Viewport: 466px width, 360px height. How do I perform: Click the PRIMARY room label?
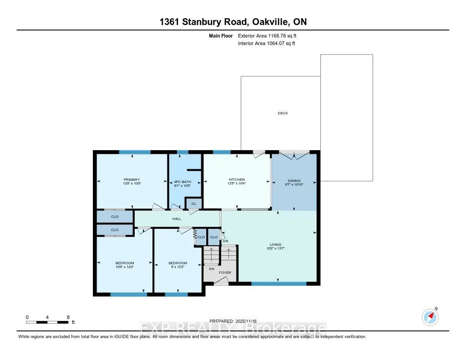coord(132,180)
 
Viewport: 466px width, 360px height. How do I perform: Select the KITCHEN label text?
coord(237,180)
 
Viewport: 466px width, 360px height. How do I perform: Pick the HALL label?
coord(177,219)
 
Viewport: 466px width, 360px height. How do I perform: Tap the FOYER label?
coord(225,273)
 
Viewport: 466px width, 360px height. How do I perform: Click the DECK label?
coord(283,113)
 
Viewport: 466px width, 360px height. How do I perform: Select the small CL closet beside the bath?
coord(193,203)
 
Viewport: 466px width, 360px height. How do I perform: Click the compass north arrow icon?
coord(430,316)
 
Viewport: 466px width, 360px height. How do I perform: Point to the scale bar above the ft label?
coord(48,322)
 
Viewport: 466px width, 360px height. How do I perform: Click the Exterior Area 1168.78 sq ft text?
coord(269,35)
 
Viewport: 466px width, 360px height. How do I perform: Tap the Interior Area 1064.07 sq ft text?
coord(267,44)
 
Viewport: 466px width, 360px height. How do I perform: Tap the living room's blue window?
coord(279,284)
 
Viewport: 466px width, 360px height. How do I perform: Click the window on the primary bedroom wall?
coord(135,152)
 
